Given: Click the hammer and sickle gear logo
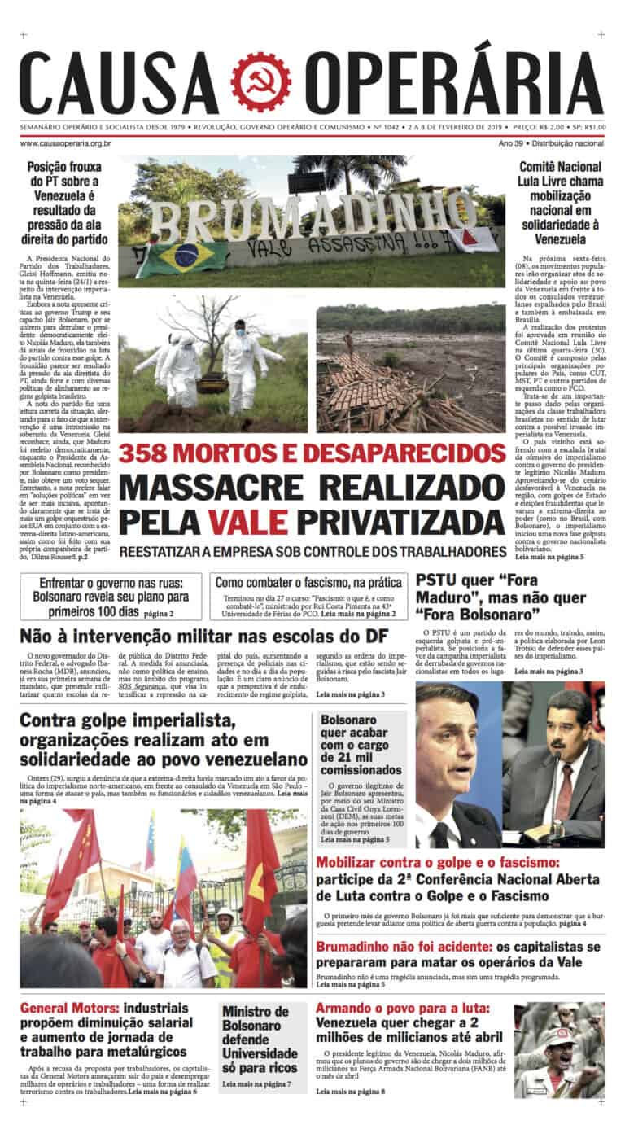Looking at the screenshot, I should click(260, 82).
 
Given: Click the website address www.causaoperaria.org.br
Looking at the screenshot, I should click(65, 143).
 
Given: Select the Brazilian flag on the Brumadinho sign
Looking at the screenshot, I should click(186, 254).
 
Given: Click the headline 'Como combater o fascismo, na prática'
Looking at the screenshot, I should click(308, 583).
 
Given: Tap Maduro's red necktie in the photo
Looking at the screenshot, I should click(564, 789).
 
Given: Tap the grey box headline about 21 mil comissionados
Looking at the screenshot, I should click(361, 744).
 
